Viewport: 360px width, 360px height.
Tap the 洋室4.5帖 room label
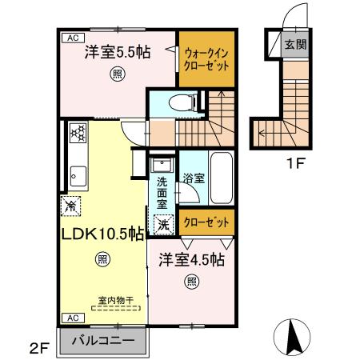coord(191,260)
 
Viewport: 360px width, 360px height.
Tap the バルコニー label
coord(103,339)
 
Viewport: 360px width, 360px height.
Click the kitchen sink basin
coord(78,174)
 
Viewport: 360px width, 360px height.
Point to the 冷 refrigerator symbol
coord(70,205)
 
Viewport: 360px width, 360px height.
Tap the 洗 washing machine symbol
coord(162,226)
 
